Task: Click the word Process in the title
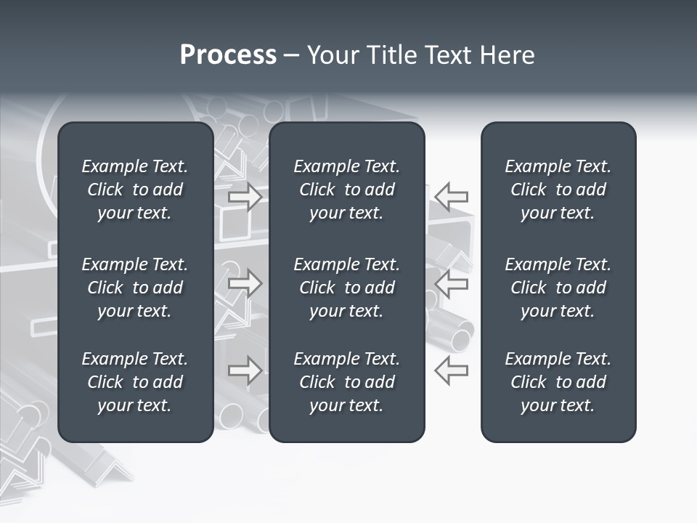(228, 55)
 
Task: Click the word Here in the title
(506, 55)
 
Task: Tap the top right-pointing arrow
(245, 197)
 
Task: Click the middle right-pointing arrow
(245, 283)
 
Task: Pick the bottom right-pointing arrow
(245, 370)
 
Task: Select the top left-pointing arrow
(452, 197)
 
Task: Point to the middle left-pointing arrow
(452, 283)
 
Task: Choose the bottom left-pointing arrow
(452, 370)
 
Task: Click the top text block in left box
(135, 190)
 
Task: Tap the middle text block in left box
(135, 288)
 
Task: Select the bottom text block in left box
(135, 382)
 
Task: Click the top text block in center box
(347, 190)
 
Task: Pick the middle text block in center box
(347, 288)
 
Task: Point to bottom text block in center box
(347, 382)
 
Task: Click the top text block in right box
(558, 190)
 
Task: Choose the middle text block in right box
(558, 288)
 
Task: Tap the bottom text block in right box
(558, 382)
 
